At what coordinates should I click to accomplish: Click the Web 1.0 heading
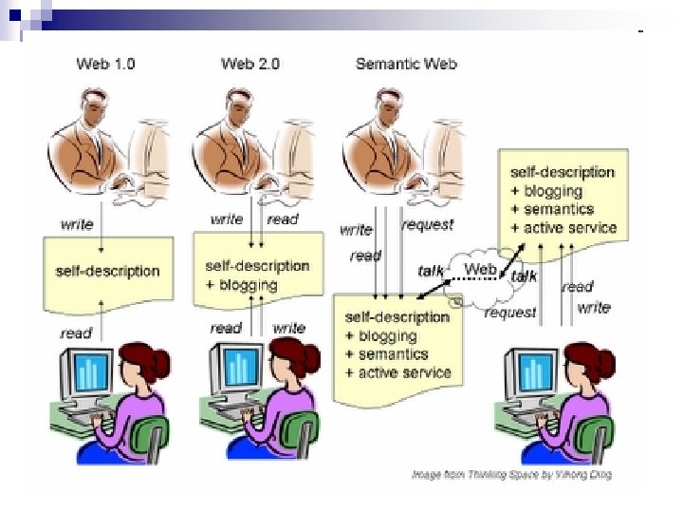105,64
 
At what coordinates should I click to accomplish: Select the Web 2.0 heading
250,64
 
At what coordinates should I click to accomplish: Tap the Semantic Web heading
406,64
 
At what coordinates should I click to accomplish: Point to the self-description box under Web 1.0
107,271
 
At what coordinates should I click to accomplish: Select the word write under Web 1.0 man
77,224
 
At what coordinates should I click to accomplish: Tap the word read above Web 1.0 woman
76,332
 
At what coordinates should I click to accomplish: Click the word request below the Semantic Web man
427,225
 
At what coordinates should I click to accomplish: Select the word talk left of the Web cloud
431,271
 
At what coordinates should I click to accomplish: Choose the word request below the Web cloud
510,312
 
